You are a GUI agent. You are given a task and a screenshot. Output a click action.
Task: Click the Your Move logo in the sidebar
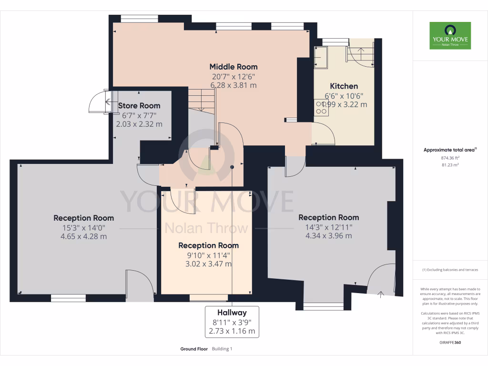[x=450, y=35]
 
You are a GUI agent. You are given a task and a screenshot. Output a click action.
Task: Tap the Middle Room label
[x=234, y=67]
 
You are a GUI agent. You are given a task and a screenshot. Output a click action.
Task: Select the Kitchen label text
[x=344, y=86]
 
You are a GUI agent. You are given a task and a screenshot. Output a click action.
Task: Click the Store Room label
[x=139, y=105]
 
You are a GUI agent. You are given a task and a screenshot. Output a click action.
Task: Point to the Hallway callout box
[x=232, y=322]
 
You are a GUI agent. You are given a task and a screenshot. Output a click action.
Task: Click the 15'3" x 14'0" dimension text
[x=83, y=227]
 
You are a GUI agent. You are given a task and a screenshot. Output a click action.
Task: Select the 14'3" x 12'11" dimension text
[x=328, y=227]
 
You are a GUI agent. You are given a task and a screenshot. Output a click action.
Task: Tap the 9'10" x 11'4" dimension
[x=208, y=255]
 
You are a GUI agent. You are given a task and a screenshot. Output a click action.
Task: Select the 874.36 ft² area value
[x=450, y=158]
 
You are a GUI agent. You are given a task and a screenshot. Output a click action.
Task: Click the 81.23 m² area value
[x=450, y=165]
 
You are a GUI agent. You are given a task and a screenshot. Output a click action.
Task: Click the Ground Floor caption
[x=193, y=349]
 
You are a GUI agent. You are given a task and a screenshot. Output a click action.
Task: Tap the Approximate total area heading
[x=450, y=150]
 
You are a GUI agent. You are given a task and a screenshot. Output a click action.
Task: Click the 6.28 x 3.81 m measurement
[x=234, y=85]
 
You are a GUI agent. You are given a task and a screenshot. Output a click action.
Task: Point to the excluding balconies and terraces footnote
[x=450, y=270]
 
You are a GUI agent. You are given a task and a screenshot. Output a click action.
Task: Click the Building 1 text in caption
[x=222, y=349]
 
